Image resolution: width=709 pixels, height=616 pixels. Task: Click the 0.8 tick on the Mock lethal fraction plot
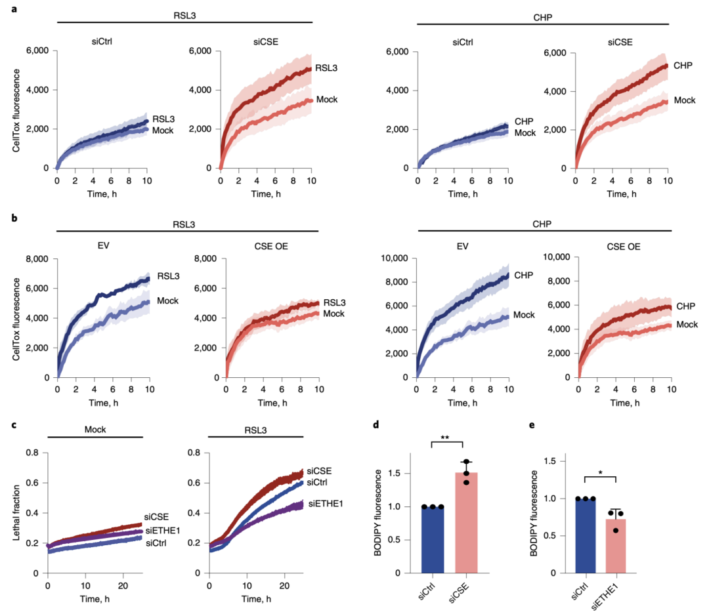point(35,452)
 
